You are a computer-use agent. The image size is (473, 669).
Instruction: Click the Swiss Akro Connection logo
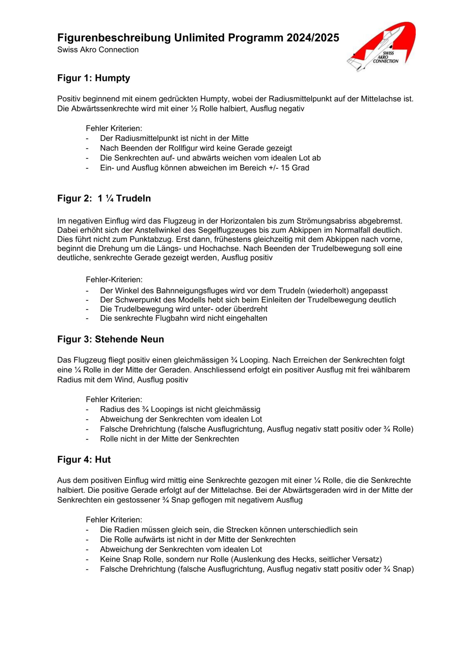coord(382,46)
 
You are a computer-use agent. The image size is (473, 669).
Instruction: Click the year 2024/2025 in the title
coord(313,38)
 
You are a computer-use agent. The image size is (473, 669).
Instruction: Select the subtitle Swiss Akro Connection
coord(98,50)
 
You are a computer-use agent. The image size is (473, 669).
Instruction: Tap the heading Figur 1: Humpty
coord(94,78)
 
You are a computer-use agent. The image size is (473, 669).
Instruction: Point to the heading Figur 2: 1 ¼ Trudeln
coord(104,198)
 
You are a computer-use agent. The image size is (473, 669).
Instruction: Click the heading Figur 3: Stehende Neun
coord(110,339)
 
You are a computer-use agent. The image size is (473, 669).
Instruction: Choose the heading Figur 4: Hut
coord(84,460)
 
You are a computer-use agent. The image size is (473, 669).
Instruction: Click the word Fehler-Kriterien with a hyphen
coord(114,280)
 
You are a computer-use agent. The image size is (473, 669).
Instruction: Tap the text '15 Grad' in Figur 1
coord(295,168)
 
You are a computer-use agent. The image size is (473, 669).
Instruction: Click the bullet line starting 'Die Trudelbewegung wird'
coord(184,309)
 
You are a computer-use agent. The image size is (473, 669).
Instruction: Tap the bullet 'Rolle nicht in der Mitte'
coord(169,439)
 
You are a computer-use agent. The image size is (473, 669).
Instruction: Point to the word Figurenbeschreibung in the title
coord(114,38)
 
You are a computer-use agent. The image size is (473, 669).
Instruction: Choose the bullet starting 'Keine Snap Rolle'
coord(241,559)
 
